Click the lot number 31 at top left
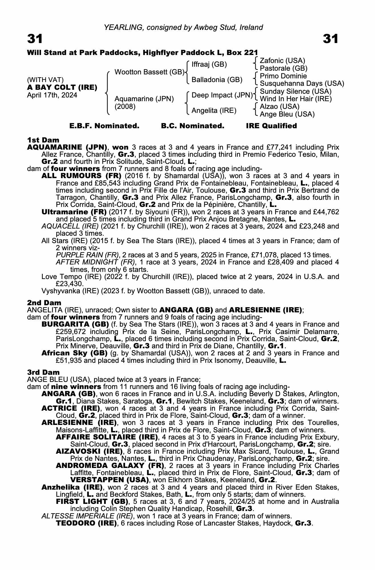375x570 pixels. point(35,39)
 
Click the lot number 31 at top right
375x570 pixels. point(331,39)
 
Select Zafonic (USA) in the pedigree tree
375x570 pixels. point(282,60)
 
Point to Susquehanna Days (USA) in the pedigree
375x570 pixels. point(302,84)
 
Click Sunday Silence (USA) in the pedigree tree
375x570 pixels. point(295,91)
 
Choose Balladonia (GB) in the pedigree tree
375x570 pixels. point(217,80)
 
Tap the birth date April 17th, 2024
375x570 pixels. point(52,95)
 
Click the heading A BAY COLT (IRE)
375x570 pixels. point(62,87)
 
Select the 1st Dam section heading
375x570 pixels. point(43,140)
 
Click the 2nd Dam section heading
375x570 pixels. point(44,302)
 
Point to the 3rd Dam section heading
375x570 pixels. point(43,372)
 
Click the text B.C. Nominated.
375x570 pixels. point(192,126)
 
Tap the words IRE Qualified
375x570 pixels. point(271,126)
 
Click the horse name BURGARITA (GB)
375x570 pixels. point(75,324)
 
